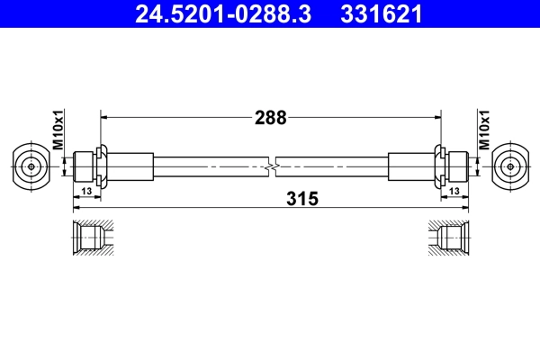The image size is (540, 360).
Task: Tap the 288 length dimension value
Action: coord(270,117)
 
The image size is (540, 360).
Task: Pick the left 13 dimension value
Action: coord(86,192)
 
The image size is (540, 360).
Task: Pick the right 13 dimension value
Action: coord(454,192)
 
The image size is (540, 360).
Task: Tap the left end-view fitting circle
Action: coord(31,166)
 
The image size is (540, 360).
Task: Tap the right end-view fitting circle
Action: coord(510,166)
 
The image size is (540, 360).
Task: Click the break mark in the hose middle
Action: coord(271,166)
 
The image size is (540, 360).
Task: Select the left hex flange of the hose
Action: coord(102,166)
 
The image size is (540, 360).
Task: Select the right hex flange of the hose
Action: coord(439,166)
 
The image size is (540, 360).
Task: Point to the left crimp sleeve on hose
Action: coord(130,166)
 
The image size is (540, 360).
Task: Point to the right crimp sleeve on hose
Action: coord(411,166)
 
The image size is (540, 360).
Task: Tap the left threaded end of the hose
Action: coord(84,166)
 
